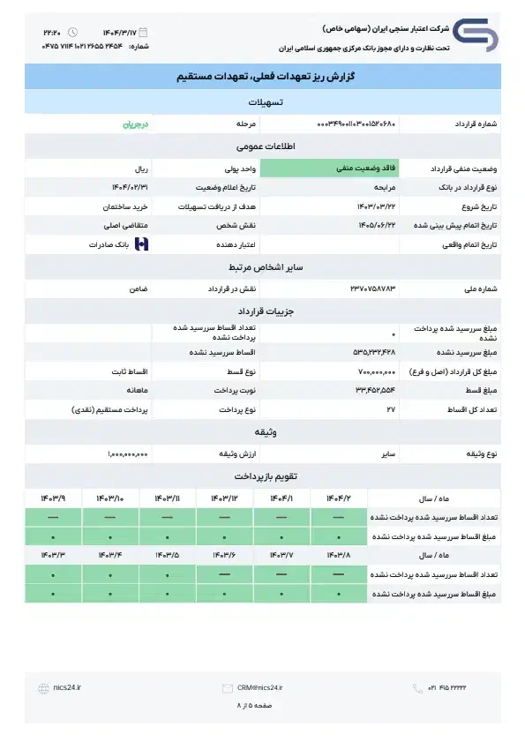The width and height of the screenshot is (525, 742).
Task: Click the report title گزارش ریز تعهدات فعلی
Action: pyautogui.click(x=261, y=79)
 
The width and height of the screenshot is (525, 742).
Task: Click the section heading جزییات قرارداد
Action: pyautogui.click(x=261, y=311)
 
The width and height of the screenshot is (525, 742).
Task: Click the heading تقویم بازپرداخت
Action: pyautogui.click(x=261, y=476)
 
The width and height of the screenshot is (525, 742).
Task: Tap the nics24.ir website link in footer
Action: pyautogui.click(x=68, y=687)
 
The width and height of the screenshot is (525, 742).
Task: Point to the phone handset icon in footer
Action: pyautogui.click(x=417, y=687)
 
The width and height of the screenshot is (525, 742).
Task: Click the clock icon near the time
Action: pyautogui.click(x=72, y=32)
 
